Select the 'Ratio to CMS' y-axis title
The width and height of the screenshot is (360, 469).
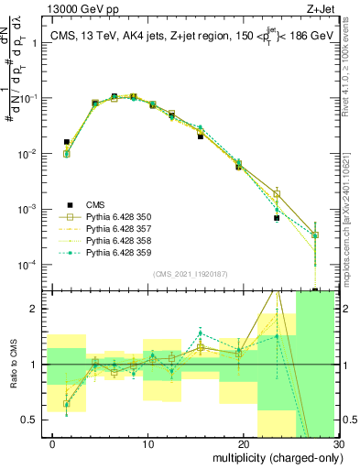point(14,365)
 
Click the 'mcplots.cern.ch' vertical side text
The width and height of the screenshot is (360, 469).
point(351,211)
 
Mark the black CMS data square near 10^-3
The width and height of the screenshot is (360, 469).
point(277,219)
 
